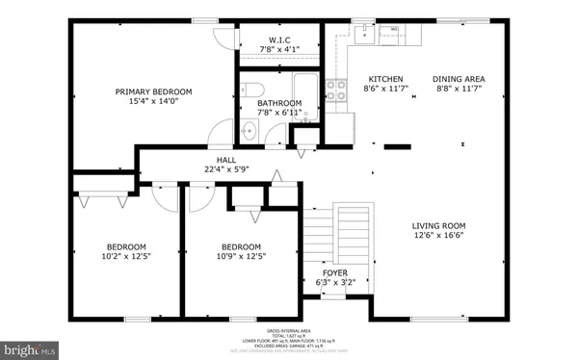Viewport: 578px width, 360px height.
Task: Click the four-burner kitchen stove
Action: click(x=337, y=90)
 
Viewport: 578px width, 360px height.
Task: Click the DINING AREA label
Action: click(x=458, y=79)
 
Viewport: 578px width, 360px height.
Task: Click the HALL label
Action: click(x=226, y=161)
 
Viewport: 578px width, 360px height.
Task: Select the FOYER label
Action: click(x=334, y=273)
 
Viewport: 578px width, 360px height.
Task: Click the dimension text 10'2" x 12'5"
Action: click(x=126, y=255)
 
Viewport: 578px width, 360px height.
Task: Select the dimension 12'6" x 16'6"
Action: click(x=440, y=235)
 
